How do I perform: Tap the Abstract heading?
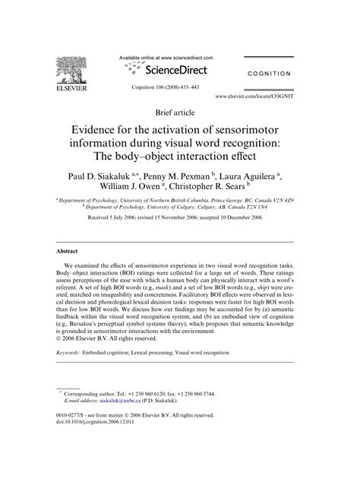[x=69, y=250]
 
